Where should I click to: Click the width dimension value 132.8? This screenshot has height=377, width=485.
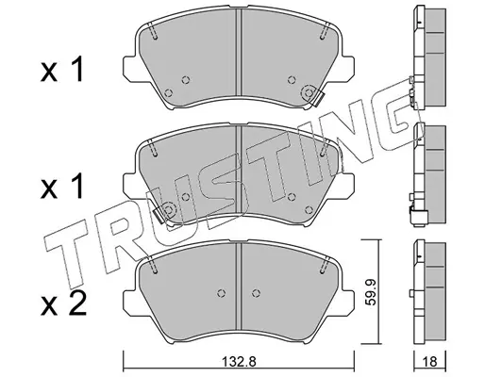239,362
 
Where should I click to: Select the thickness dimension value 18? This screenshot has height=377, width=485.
430,362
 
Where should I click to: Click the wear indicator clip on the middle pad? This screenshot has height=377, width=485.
159,217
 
